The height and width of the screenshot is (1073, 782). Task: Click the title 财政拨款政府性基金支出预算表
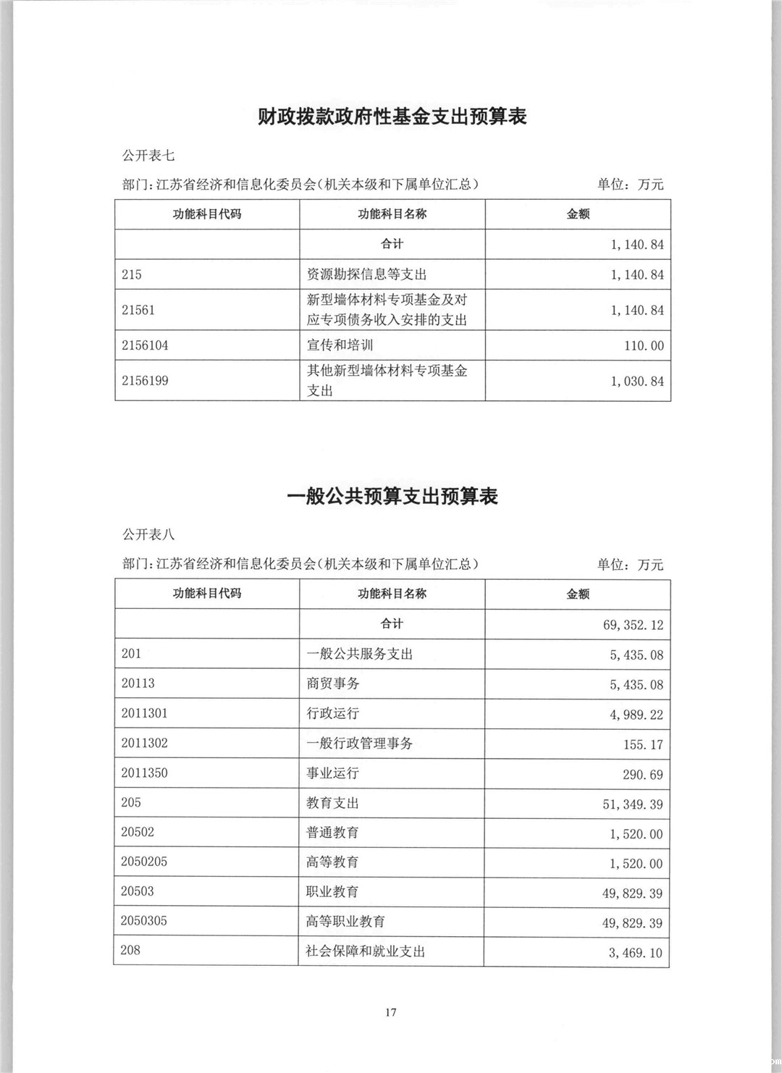[x=392, y=117]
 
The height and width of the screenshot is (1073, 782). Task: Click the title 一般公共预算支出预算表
[x=392, y=497]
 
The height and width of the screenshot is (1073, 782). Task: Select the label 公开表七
[x=148, y=156]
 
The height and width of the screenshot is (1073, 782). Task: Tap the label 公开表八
[x=148, y=535]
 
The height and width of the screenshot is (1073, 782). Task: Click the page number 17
[x=391, y=1012]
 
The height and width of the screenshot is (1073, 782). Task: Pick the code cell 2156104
[x=145, y=345]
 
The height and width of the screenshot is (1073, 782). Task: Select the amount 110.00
[x=644, y=346]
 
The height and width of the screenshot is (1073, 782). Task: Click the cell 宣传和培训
[x=340, y=345]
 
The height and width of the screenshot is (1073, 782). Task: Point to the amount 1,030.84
[x=637, y=381]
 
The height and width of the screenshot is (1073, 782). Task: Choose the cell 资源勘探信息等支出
[x=366, y=274]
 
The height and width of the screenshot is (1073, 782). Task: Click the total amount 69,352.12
[x=633, y=625]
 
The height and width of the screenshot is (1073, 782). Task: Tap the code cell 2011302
[x=144, y=743]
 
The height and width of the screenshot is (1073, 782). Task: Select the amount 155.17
[x=643, y=744]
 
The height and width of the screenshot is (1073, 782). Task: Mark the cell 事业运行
[x=332, y=773]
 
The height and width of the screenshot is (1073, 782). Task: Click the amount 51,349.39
[x=632, y=804]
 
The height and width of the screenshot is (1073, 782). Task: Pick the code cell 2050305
[x=144, y=921]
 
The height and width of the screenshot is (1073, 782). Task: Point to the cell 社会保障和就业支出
[x=365, y=951]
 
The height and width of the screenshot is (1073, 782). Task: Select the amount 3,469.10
[x=635, y=953]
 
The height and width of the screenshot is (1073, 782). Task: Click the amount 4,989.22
[x=636, y=715]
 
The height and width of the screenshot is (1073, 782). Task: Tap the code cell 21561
[x=138, y=310]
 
